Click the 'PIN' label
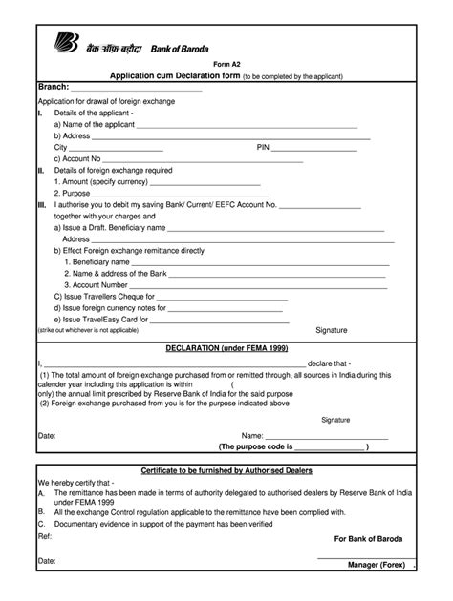(265, 148)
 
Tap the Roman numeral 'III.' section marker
(41, 204)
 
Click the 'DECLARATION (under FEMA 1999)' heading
(226, 350)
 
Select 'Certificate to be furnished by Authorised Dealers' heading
(226, 471)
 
